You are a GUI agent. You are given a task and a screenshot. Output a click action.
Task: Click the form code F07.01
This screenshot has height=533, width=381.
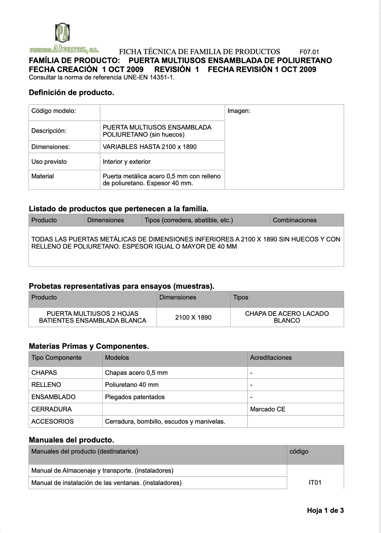(309, 52)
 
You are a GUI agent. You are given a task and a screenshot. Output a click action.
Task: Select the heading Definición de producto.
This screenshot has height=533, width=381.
(71, 93)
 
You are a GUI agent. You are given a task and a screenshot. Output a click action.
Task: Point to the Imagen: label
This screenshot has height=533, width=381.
(239, 111)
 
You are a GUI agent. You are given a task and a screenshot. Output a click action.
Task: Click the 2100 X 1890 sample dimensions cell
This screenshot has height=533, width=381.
(193, 317)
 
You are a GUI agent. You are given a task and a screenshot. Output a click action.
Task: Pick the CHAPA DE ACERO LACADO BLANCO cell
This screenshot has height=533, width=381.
(287, 317)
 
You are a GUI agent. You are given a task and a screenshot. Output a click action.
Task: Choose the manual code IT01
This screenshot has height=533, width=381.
(315, 482)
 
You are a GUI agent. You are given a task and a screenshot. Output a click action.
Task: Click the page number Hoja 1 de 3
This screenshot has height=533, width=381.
(325, 510)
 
